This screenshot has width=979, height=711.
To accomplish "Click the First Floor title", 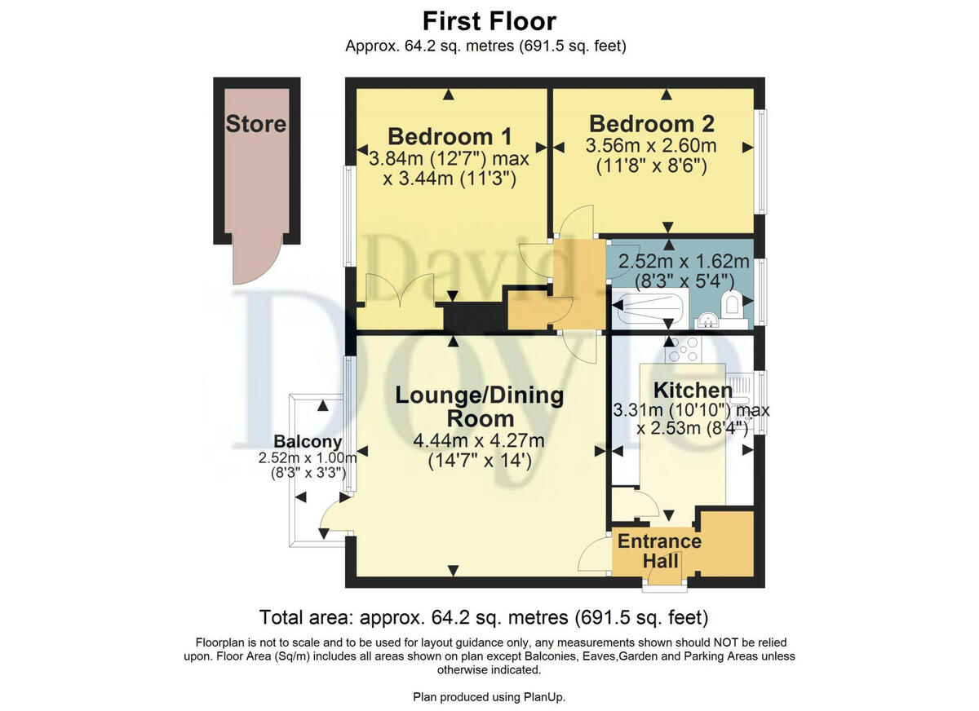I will click(x=489, y=20).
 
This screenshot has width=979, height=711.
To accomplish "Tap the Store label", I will click(x=256, y=124).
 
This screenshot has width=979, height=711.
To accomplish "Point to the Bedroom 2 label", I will click(x=651, y=123).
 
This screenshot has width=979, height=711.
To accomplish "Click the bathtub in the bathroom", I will click(x=650, y=310).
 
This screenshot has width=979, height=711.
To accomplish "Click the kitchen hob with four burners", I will click(x=684, y=350).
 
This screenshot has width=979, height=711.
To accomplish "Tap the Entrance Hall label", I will click(x=659, y=551).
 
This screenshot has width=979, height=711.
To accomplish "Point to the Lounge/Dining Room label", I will click(x=479, y=407).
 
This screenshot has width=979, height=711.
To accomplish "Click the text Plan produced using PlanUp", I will click(x=489, y=696).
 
